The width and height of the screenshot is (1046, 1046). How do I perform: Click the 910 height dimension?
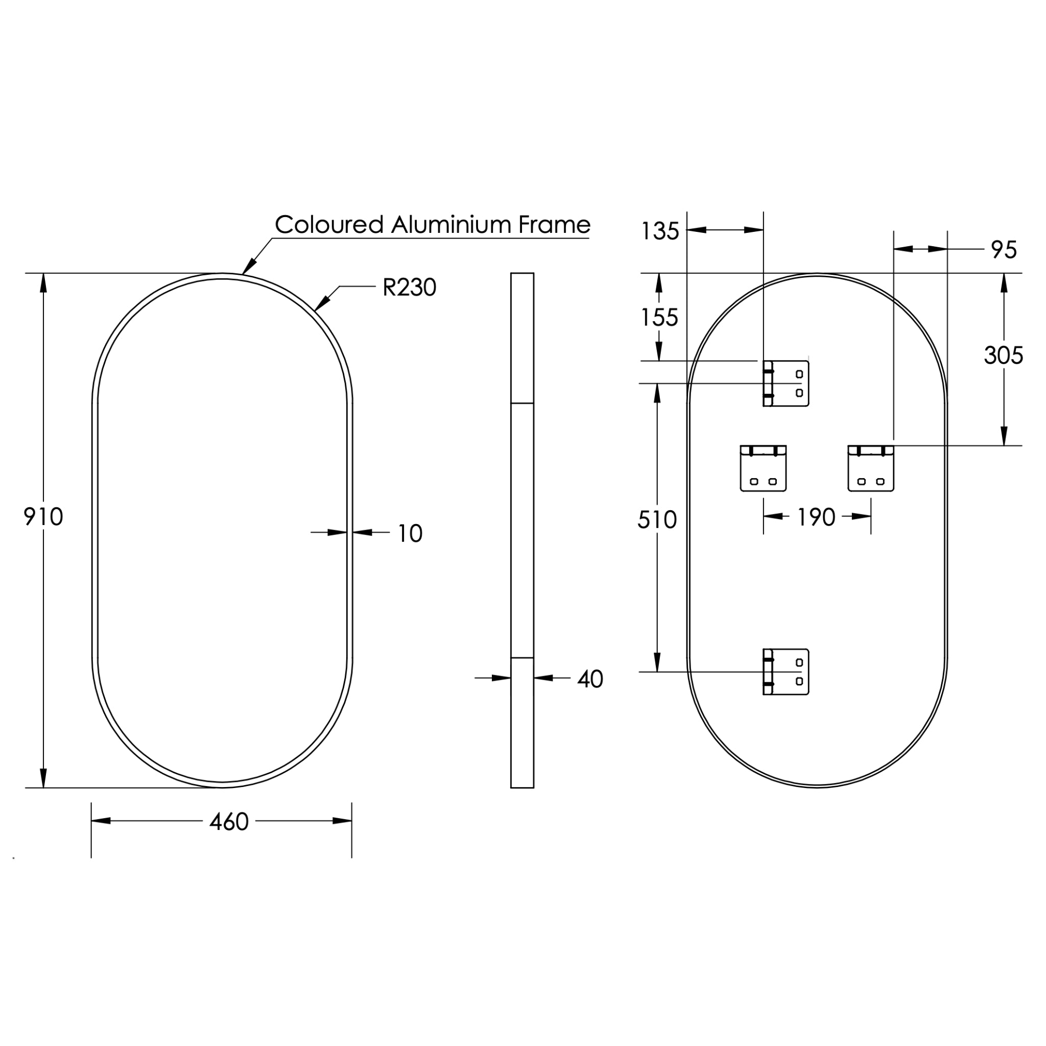(43, 516)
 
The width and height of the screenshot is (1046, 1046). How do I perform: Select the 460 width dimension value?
(229, 822)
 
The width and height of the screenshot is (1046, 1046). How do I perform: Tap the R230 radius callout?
(409, 288)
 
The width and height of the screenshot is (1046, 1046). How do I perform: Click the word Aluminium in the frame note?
(451, 224)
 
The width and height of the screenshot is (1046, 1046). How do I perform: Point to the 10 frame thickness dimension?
(410, 533)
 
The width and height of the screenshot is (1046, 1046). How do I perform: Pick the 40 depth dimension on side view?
(589, 679)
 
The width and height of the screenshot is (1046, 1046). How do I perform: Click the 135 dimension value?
(659, 232)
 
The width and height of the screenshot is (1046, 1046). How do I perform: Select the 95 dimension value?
(1004, 250)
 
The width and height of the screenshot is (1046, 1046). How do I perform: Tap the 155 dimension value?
(659, 317)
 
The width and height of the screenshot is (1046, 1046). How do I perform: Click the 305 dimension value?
(1003, 355)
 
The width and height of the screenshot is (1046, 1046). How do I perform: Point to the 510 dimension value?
(657, 520)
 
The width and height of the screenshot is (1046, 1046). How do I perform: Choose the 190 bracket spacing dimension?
(816, 517)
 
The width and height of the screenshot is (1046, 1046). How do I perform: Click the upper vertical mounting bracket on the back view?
(786, 384)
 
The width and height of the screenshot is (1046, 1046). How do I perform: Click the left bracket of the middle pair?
(763, 468)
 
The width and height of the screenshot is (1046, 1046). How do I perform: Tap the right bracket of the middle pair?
(871, 468)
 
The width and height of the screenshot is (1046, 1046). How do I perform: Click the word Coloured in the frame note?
(329, 224)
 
